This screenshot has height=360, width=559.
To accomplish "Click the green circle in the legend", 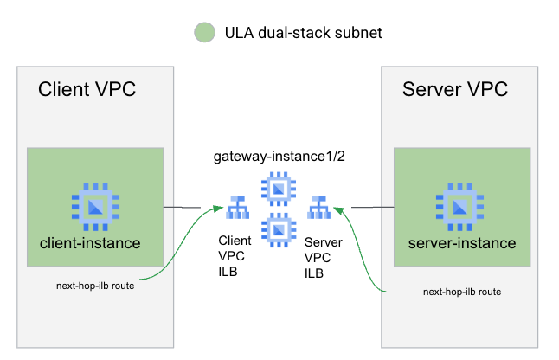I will tap(203, 33).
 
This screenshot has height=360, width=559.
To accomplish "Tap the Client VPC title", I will tap(87, 90).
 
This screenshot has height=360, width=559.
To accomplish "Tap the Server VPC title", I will tap(454, 90).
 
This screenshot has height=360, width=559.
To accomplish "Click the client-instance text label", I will tap(90, 243).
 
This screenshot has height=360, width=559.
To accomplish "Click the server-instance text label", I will tap(461, 243).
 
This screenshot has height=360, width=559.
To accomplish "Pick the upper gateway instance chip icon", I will tap(279, 188).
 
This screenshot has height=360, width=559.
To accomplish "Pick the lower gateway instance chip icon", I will tap(279, 229).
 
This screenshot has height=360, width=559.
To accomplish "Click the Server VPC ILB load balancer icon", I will tap(319, 209).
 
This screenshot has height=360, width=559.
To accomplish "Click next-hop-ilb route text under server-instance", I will tap(461, 292).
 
